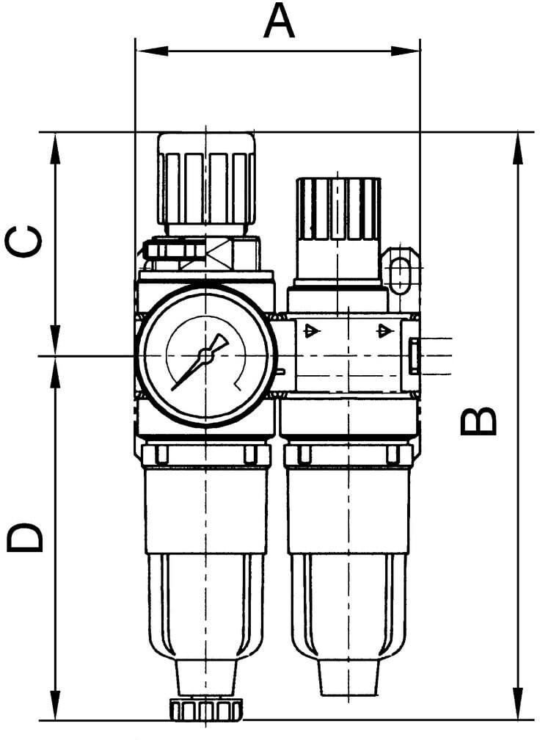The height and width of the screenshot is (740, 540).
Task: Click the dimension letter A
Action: (280, 21)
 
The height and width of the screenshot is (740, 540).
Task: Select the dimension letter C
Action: (23, 241)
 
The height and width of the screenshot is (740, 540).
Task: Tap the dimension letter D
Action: (24, 537)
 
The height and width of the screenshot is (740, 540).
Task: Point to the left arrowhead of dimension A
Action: (151, 51)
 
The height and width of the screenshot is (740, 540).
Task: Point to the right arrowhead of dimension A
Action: (405, 51)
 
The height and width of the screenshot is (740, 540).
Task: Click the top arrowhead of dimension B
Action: (517, 148)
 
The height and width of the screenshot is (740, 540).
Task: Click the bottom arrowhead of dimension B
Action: (517, 704)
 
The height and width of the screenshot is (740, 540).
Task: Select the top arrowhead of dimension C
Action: (56, 148)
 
